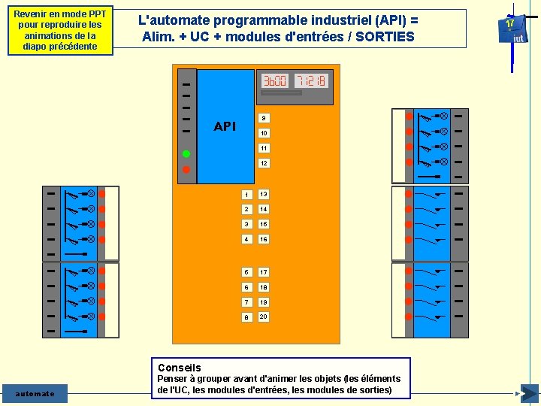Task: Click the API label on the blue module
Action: [x=225, y=126]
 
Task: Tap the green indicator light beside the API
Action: [x=186, y=154]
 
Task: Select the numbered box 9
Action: [x=263, y=118]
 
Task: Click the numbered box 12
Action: [x=263, y=163]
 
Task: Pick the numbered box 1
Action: [x=246, y=194]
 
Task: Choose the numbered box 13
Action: [x=263, y=194]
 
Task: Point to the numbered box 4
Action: [x=246, y=239]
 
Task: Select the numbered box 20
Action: [x=263, y=317]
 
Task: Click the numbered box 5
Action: [x=246, y=271]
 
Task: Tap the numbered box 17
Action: [x=263, y=271]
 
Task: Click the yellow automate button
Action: [x=35, y=393]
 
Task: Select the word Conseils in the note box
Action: [x=179, y=368]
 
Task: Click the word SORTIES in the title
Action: [x=384, y=36]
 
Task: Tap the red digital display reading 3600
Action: [x=275, y=80]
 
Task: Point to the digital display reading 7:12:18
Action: [x=310, y=80]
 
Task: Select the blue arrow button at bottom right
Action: [x=529, y=393]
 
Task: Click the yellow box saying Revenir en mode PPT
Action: [x=60, y=31]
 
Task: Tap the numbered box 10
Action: [x=263, y=133]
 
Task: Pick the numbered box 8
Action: [x=246, y=317]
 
